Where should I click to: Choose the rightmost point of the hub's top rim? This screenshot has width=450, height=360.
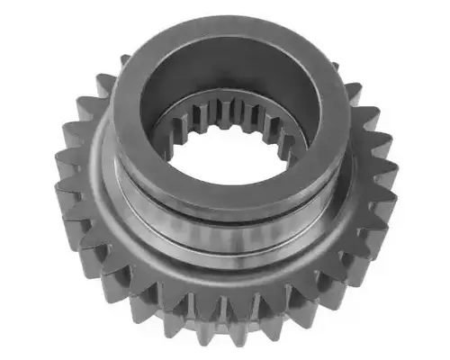point(348,117)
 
